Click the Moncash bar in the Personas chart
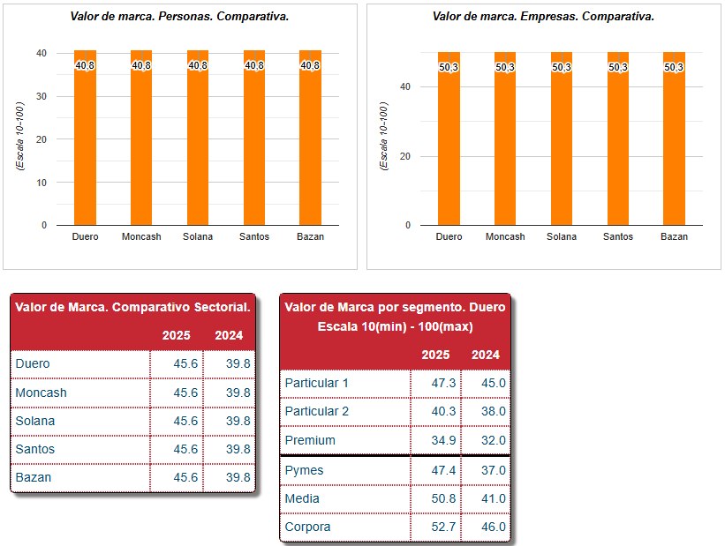coord(141,138)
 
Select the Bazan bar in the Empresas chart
coord(674,138)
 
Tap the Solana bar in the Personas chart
coord(198,138)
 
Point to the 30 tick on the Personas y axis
coord(42,96)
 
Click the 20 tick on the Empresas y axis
coord(405,156)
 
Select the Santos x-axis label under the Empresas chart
coord(618,236)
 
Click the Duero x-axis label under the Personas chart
coord(85,236)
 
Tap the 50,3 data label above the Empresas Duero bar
coord(449,67)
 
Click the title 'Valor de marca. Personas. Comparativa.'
coord(179,17)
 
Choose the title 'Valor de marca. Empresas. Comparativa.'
coord(543,17)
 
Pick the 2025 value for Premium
coord(443,440)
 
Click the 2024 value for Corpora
coord(494,527)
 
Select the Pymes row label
coord(304,470)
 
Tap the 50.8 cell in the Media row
coord(443,498)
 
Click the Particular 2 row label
coord(317,411)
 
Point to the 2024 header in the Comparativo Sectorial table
coord(229,335)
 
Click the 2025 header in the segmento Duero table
coord(435,355)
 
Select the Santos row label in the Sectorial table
coord(35,449)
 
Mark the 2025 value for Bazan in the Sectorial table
coord(185,477)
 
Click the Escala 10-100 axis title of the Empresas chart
coord(383,136)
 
